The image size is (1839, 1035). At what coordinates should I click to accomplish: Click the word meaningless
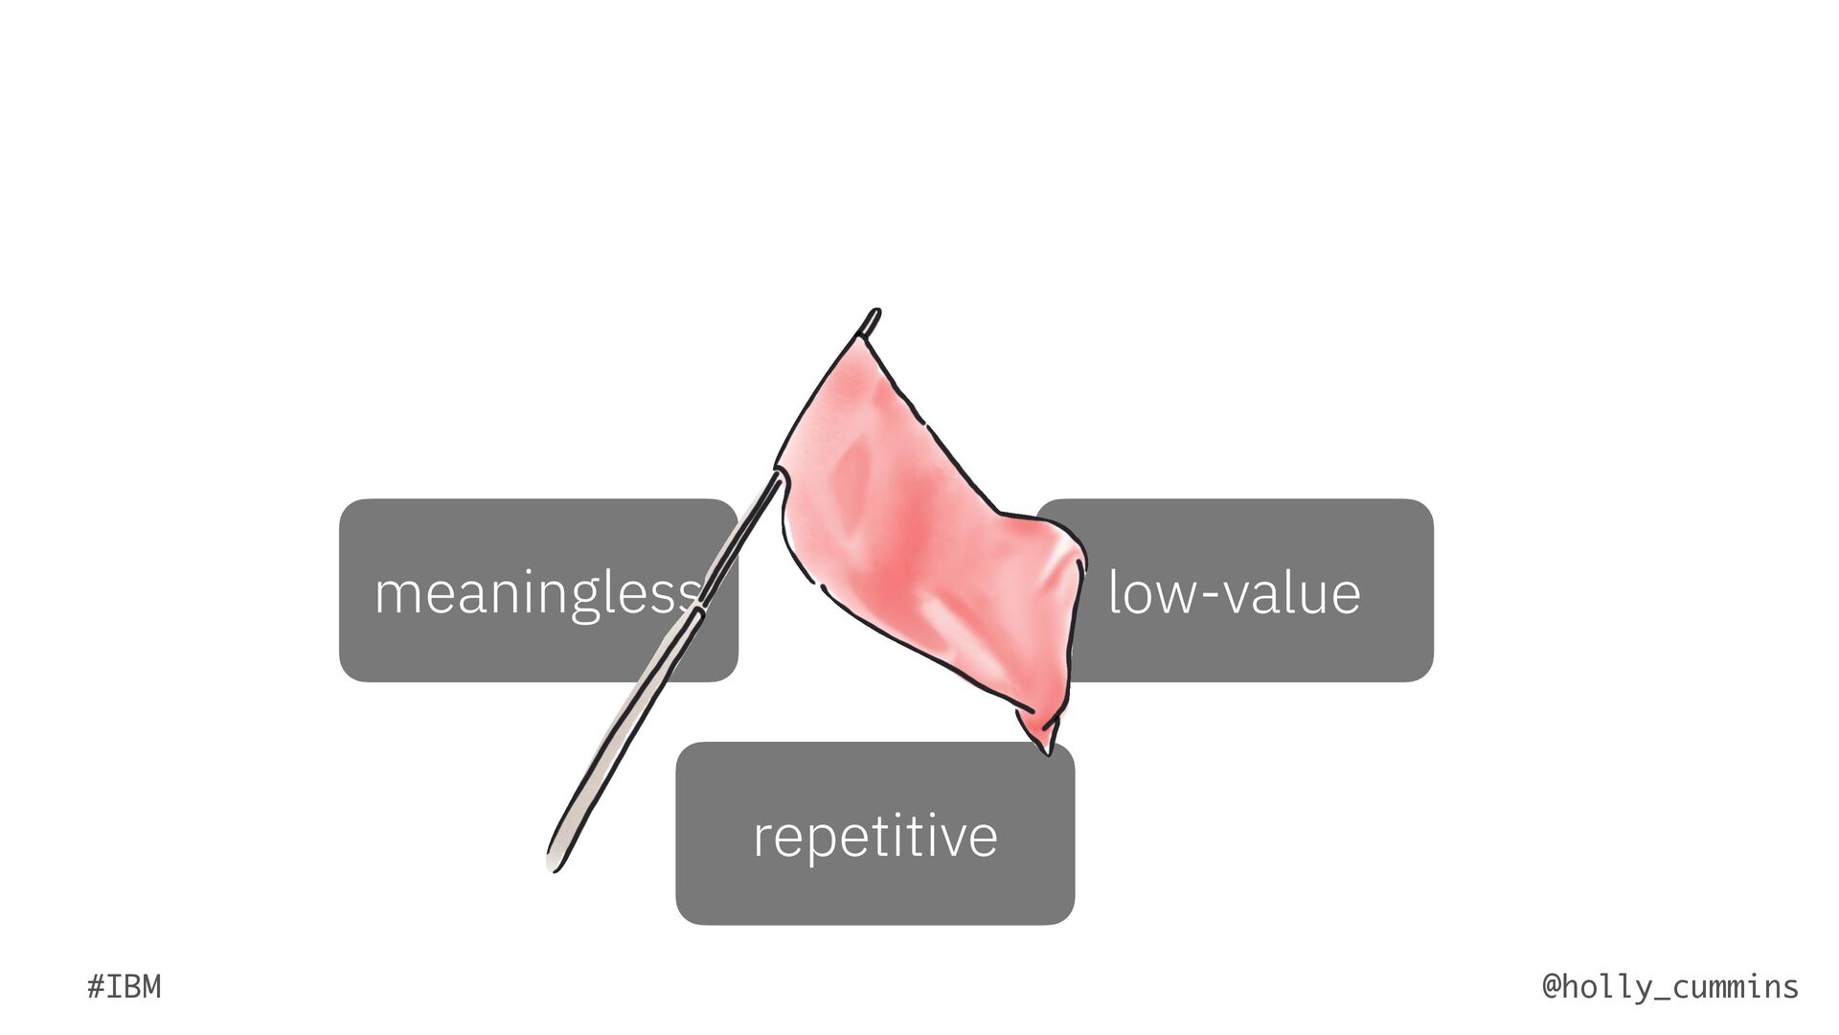[536, 592]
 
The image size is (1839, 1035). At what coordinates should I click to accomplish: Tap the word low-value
[1234, 592]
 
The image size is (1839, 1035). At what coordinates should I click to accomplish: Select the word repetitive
[874, 836]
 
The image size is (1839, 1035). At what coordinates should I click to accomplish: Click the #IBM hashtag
[124, 986]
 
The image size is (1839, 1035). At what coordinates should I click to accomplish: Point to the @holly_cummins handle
[1670, 986]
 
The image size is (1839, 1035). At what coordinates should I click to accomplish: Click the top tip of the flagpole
[874, 313]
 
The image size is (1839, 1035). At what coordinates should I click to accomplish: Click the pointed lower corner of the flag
[1047, 748]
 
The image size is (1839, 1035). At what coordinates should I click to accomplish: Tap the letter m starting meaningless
[396, 594]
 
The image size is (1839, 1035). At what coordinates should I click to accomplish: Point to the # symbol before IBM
[95, 986]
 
